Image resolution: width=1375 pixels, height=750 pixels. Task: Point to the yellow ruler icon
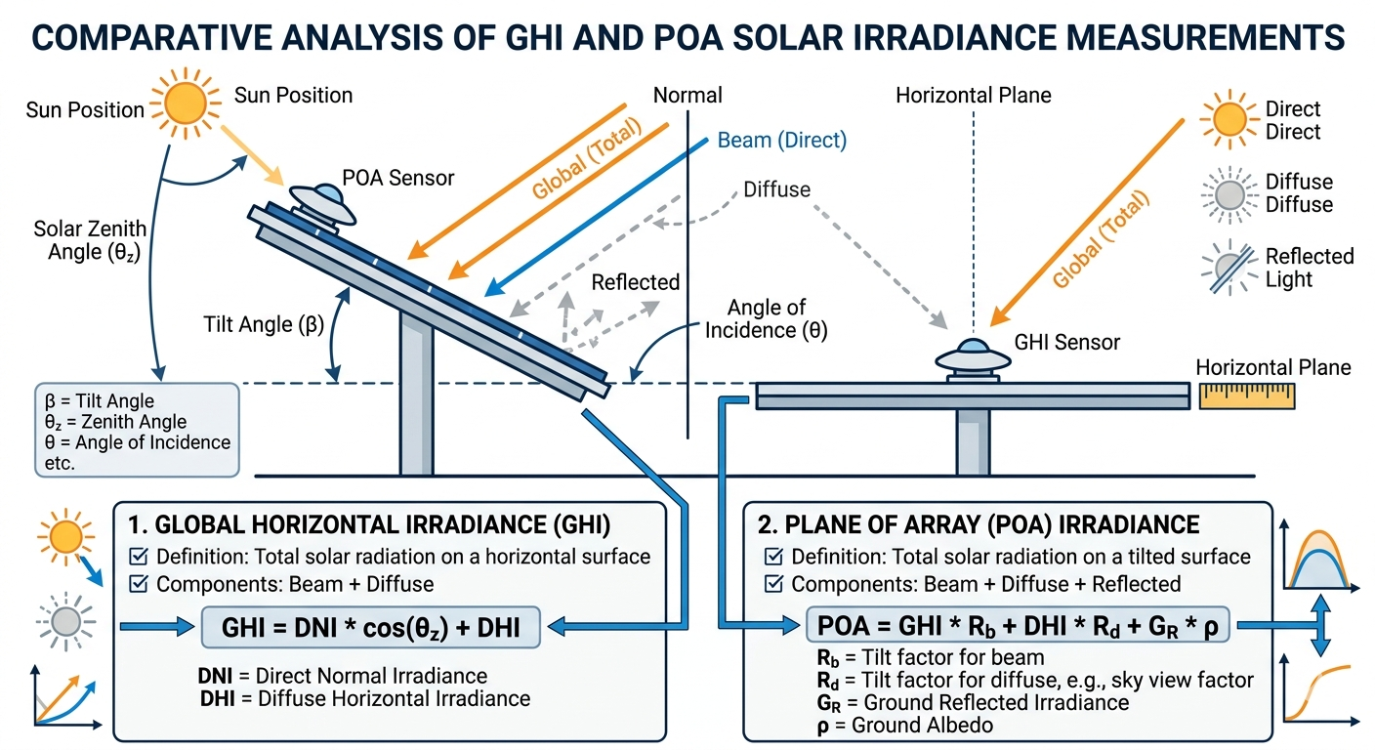coord(1246,396)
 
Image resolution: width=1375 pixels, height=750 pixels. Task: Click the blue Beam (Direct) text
coord(781,141)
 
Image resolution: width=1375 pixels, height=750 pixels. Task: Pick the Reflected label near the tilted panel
coord(635,282)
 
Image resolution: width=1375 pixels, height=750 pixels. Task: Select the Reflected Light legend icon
coord(1228,267)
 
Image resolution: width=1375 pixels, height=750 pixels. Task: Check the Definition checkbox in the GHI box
coord(139,558)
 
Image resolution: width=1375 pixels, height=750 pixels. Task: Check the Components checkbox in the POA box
coord(774,585)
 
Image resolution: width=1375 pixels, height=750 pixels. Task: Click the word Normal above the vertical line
coord(687,96)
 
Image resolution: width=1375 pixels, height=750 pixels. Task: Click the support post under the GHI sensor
coord(972,440)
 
